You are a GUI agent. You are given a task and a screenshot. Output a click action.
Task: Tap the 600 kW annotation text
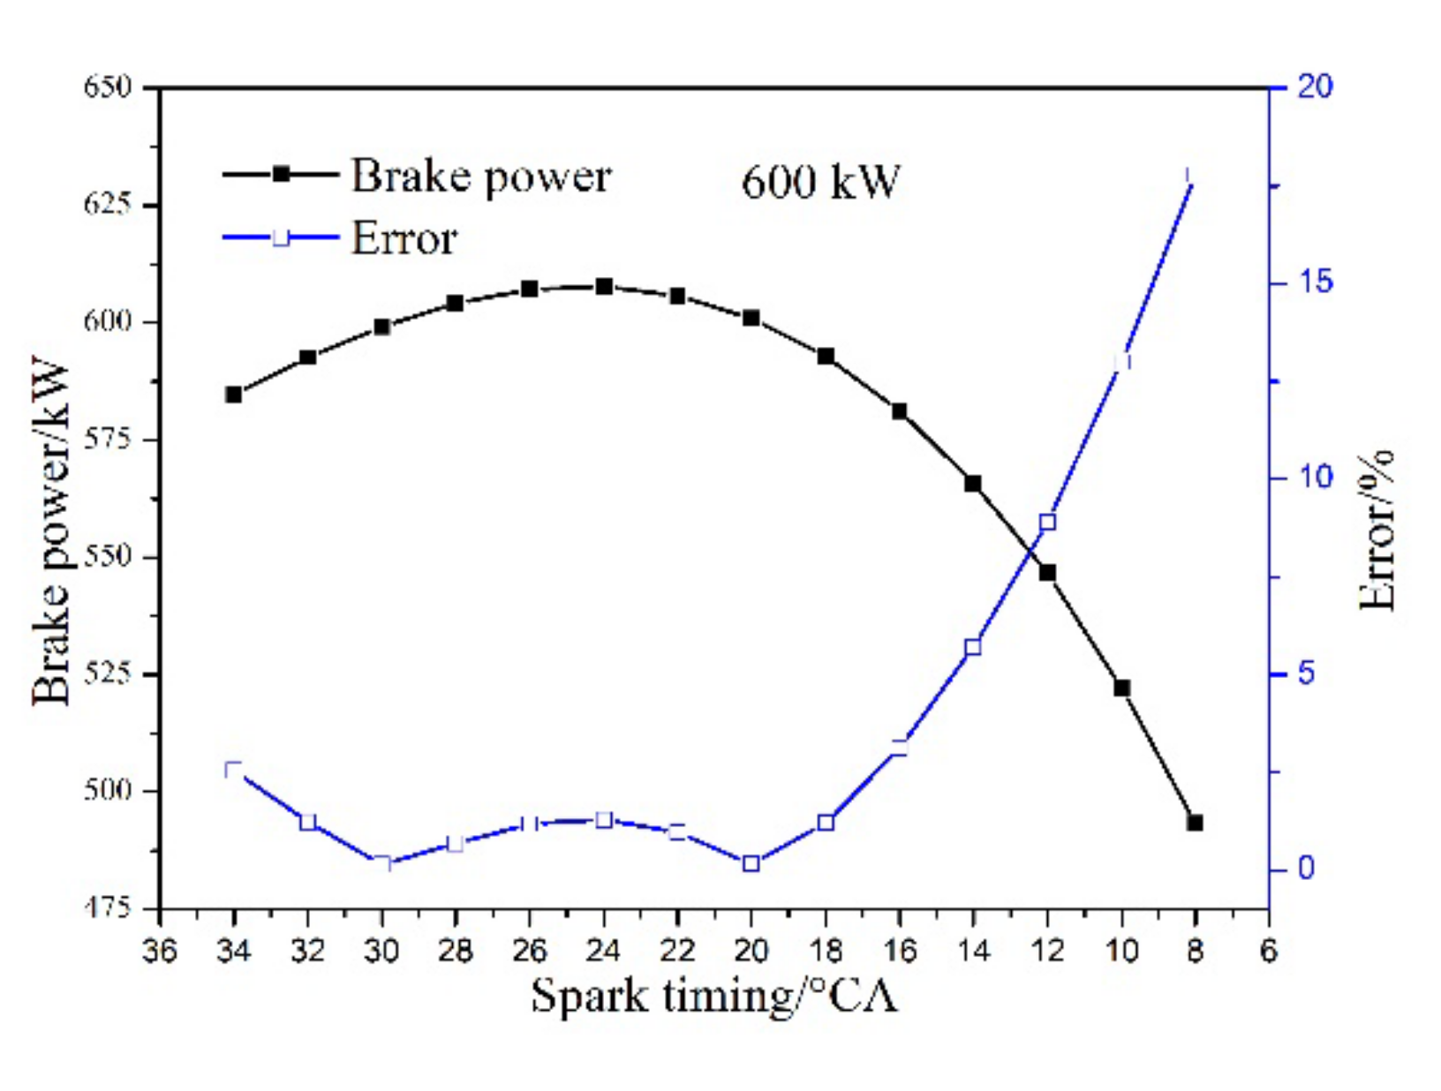pyautogui.click(x=819, y=182)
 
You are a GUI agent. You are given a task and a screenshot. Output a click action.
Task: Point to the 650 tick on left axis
pyautogui.click(x=107, y=87)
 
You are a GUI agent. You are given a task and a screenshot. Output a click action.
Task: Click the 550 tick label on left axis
pyautogui.click(x=107, y=556)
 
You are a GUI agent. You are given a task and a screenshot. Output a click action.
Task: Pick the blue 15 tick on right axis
pyautogui.click(x=1314, y=282)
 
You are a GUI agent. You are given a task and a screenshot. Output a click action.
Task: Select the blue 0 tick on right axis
pyautogui.click(x=1305, y=869)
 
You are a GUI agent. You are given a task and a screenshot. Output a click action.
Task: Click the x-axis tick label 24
pyautogui.click(x=603, y=951)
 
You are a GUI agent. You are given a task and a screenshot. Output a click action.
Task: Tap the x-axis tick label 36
pyautogui.click(x=160, y=951)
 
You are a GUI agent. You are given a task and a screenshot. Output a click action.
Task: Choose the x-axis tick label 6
pyautogui.click(x=1268, y=951)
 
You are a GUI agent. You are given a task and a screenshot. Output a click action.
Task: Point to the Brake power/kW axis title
pyautogui.click(x=51, y=530)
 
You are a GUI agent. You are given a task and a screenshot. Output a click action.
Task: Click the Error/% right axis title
pyautogui.click(x=1377, y=530)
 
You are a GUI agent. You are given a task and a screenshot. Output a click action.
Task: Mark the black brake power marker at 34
pyautogui.click(x=234, y=395)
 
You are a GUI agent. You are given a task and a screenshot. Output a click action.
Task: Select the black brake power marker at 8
pyautogui.click(x=1195, y=823)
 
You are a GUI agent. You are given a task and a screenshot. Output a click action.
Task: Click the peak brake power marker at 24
pyautogui.click(x=604, y=287)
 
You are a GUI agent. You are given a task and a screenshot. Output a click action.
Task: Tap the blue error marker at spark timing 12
pyautogui.click(x=1047, y=523)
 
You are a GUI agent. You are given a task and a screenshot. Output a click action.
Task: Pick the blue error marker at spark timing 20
pyautogui.click(x=751, y=863)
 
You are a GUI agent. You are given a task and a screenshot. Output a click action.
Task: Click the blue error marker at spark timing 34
pyautogui.click(x=234, y=770)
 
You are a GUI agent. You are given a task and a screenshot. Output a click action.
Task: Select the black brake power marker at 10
pyautogui.click(x=1122, y=688)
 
